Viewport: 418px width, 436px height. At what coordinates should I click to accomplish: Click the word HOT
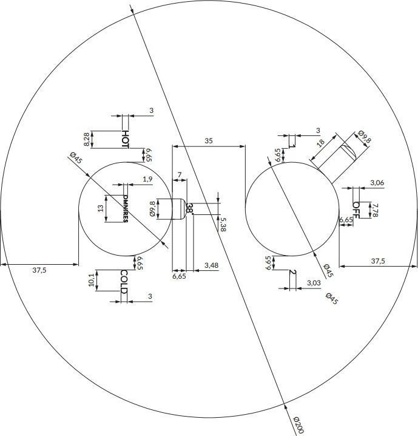coord(125,139)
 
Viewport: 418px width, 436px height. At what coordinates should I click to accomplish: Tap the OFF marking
coord(356,210)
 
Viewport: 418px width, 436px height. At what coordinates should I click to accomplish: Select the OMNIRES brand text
coord(126,208)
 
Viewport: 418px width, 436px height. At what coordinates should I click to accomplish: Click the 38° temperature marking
coord(190,208)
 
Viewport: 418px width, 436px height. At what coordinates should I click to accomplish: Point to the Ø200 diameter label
coord(298,425)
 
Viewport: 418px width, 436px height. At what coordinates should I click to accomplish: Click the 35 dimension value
coord(209,141)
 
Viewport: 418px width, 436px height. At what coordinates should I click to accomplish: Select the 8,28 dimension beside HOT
coord(87,139)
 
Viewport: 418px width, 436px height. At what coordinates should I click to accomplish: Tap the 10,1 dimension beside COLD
coord(92,280)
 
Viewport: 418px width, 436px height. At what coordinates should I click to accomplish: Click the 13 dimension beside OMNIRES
coord(101,208)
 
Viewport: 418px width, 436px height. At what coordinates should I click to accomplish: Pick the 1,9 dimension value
coord(148,179)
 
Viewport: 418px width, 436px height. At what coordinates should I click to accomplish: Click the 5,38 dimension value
coord(223,225)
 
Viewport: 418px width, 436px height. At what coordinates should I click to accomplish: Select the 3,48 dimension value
coord(211,265)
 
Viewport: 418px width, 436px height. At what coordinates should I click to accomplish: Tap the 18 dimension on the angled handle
coord(320,143)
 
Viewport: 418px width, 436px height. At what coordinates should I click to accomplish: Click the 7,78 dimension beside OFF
coord(375,210)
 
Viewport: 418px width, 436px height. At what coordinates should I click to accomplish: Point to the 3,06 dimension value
coord(377,183)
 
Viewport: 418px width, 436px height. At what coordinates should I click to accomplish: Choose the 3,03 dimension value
coord(314,283)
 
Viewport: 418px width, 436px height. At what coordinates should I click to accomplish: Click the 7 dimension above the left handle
coord(180,175)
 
